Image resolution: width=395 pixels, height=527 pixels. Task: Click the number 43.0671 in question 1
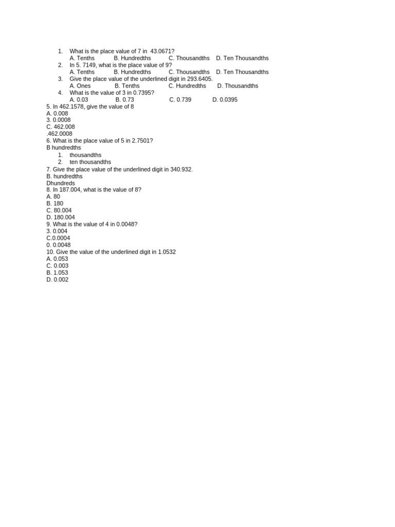(160, 51)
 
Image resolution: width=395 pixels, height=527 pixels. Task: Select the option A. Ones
(80, 86)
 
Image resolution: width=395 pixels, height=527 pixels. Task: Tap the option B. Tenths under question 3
(127, 86)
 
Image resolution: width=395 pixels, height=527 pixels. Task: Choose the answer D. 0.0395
(225, 100)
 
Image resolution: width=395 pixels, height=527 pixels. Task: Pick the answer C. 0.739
(180, 100)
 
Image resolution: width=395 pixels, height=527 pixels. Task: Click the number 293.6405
(198, 79)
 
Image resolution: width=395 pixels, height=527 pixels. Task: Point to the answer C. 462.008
(60, 127)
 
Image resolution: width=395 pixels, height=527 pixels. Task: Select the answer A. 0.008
(57, 113)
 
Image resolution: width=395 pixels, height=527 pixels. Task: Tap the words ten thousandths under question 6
(90, 162)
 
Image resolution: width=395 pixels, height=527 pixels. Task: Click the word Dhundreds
(61, 183)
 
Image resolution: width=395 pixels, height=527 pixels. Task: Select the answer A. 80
(53, 197)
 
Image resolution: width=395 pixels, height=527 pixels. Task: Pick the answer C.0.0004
(58, 238)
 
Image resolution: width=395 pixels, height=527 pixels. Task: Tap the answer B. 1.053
(57, 273)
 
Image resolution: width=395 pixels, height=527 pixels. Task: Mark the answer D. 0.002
(57, 280)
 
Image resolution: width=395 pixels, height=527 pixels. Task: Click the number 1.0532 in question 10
(167, 252)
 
